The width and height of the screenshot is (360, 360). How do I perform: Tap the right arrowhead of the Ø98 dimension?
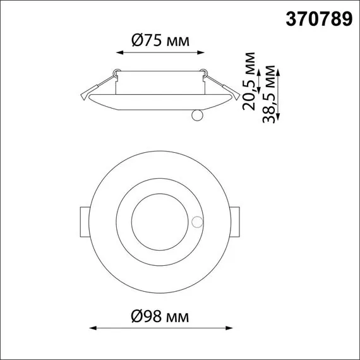[x=231, y=328]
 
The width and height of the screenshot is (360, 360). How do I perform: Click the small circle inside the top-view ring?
[x=198, y=222]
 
